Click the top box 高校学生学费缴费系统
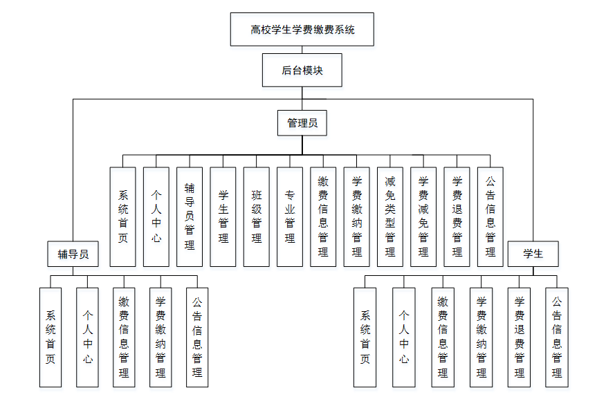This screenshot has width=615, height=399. [302, 30]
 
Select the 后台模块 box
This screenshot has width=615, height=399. [302, 71]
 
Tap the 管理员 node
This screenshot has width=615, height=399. [302, 123]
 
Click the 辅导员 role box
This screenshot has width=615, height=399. [73, 254]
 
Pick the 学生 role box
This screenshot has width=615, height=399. [533, 254]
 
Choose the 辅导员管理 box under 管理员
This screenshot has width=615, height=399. [190, 216]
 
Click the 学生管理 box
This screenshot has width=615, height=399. [223, 216]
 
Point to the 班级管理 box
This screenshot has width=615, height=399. [257, 216]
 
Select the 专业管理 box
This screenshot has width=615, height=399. [290, 216]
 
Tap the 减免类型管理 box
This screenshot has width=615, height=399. [390, 216]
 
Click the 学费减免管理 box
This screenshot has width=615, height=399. [423, 216]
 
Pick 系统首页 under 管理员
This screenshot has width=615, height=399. [122, 216]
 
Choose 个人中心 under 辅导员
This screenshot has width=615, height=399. [87, 337]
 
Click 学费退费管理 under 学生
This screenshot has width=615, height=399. [519, 337]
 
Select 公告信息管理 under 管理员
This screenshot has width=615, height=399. [490, 216]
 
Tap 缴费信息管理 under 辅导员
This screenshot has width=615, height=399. [124, 337]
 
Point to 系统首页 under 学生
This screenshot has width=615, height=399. [365, 337]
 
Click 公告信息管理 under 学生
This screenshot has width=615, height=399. [557, 337]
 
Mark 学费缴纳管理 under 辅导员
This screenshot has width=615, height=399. [160, 337]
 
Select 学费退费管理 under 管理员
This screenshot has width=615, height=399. [457, 216]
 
